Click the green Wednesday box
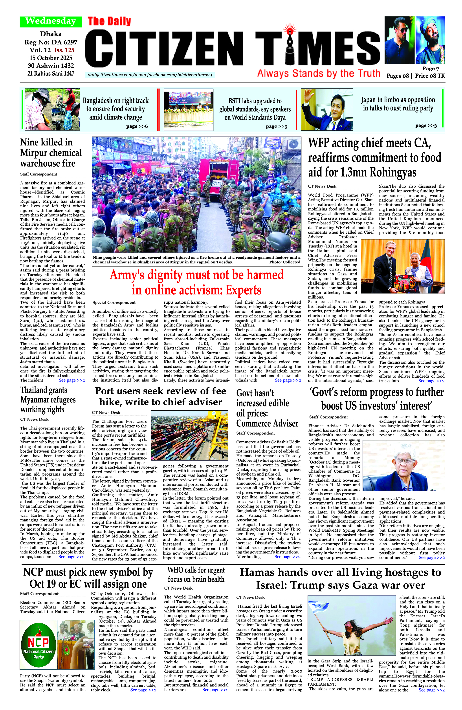(51, 21)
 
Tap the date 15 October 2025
(51, 58)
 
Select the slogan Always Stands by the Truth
(319, 73)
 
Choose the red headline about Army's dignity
(197, 282)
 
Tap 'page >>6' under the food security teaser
(137, 126)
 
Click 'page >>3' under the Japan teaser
(426, 125)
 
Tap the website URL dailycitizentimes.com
(150, 75)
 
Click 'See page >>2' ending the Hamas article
(431, 690)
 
